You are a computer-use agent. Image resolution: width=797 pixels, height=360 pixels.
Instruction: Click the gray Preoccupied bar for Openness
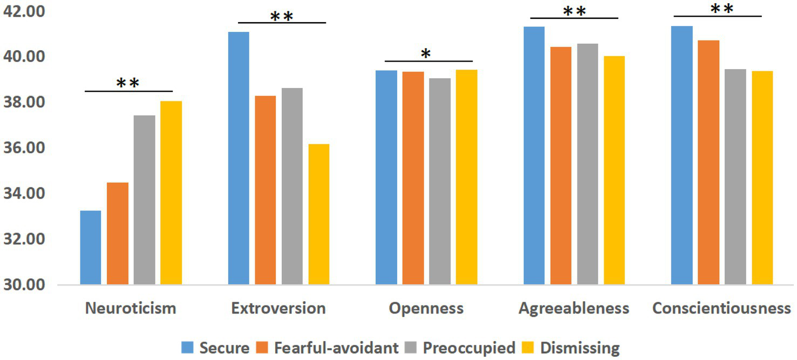(440, 181)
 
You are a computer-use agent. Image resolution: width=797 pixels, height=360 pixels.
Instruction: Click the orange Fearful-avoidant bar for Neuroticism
(118, 233)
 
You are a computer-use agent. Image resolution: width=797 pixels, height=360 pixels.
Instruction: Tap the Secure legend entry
(215, 348)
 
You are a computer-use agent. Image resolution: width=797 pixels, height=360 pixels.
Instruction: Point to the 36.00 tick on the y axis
(24, 148)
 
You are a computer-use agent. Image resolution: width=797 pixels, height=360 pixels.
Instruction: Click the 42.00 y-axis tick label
(24, 11)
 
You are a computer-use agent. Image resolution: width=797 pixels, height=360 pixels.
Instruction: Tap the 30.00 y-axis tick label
(24, 284)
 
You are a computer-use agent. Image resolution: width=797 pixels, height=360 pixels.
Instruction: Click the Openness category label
(426, 308)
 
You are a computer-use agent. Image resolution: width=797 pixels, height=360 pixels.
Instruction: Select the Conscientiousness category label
(721, 308)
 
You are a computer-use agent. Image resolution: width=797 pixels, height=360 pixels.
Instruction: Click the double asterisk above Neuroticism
(128, 83)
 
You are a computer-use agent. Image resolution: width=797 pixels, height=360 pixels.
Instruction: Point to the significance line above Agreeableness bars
(574, 18)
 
